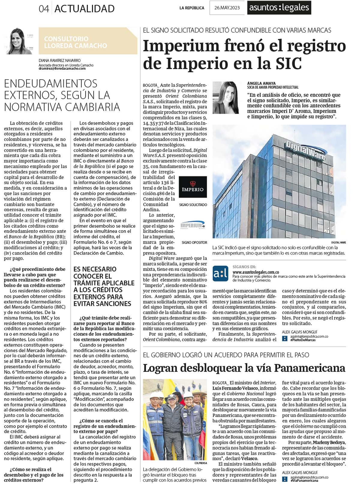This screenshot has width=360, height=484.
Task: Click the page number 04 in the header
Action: click(44, 9)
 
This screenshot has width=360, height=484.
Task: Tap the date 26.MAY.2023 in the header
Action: click(227, 8)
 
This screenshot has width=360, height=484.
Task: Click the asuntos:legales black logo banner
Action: click(279, 8)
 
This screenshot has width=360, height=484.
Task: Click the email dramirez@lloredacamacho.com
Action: click(62, 69)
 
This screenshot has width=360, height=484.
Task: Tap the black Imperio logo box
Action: click(193, 187)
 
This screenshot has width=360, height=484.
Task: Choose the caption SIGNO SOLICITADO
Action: click(193, 205)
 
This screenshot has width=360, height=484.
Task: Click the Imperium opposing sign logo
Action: click(193, 225)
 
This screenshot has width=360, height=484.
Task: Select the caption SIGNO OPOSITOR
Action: click(194, 242)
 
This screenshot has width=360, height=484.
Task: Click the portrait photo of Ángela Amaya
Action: click(226, 98)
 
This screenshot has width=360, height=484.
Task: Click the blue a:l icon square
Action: click(220, 273)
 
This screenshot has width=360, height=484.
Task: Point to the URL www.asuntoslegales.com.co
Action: click(256, 272)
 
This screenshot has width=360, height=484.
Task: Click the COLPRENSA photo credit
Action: click(200, 463)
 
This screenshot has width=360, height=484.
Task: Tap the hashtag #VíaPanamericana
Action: click(304, 480)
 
